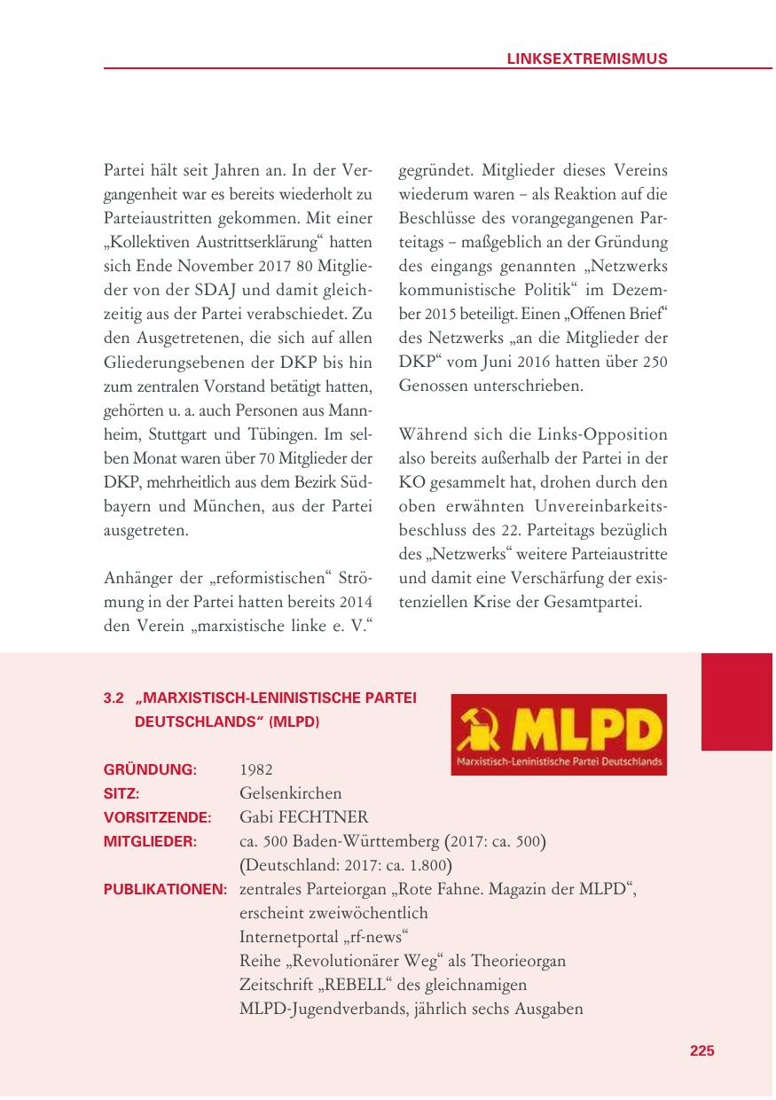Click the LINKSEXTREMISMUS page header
tap(586, 59)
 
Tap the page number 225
tap(702, 1050)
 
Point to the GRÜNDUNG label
tap(150, 769)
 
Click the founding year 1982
tap(256, 769)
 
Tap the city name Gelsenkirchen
tap(290, 793)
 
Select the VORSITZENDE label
tap(157, 817)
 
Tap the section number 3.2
tap(114, 698)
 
